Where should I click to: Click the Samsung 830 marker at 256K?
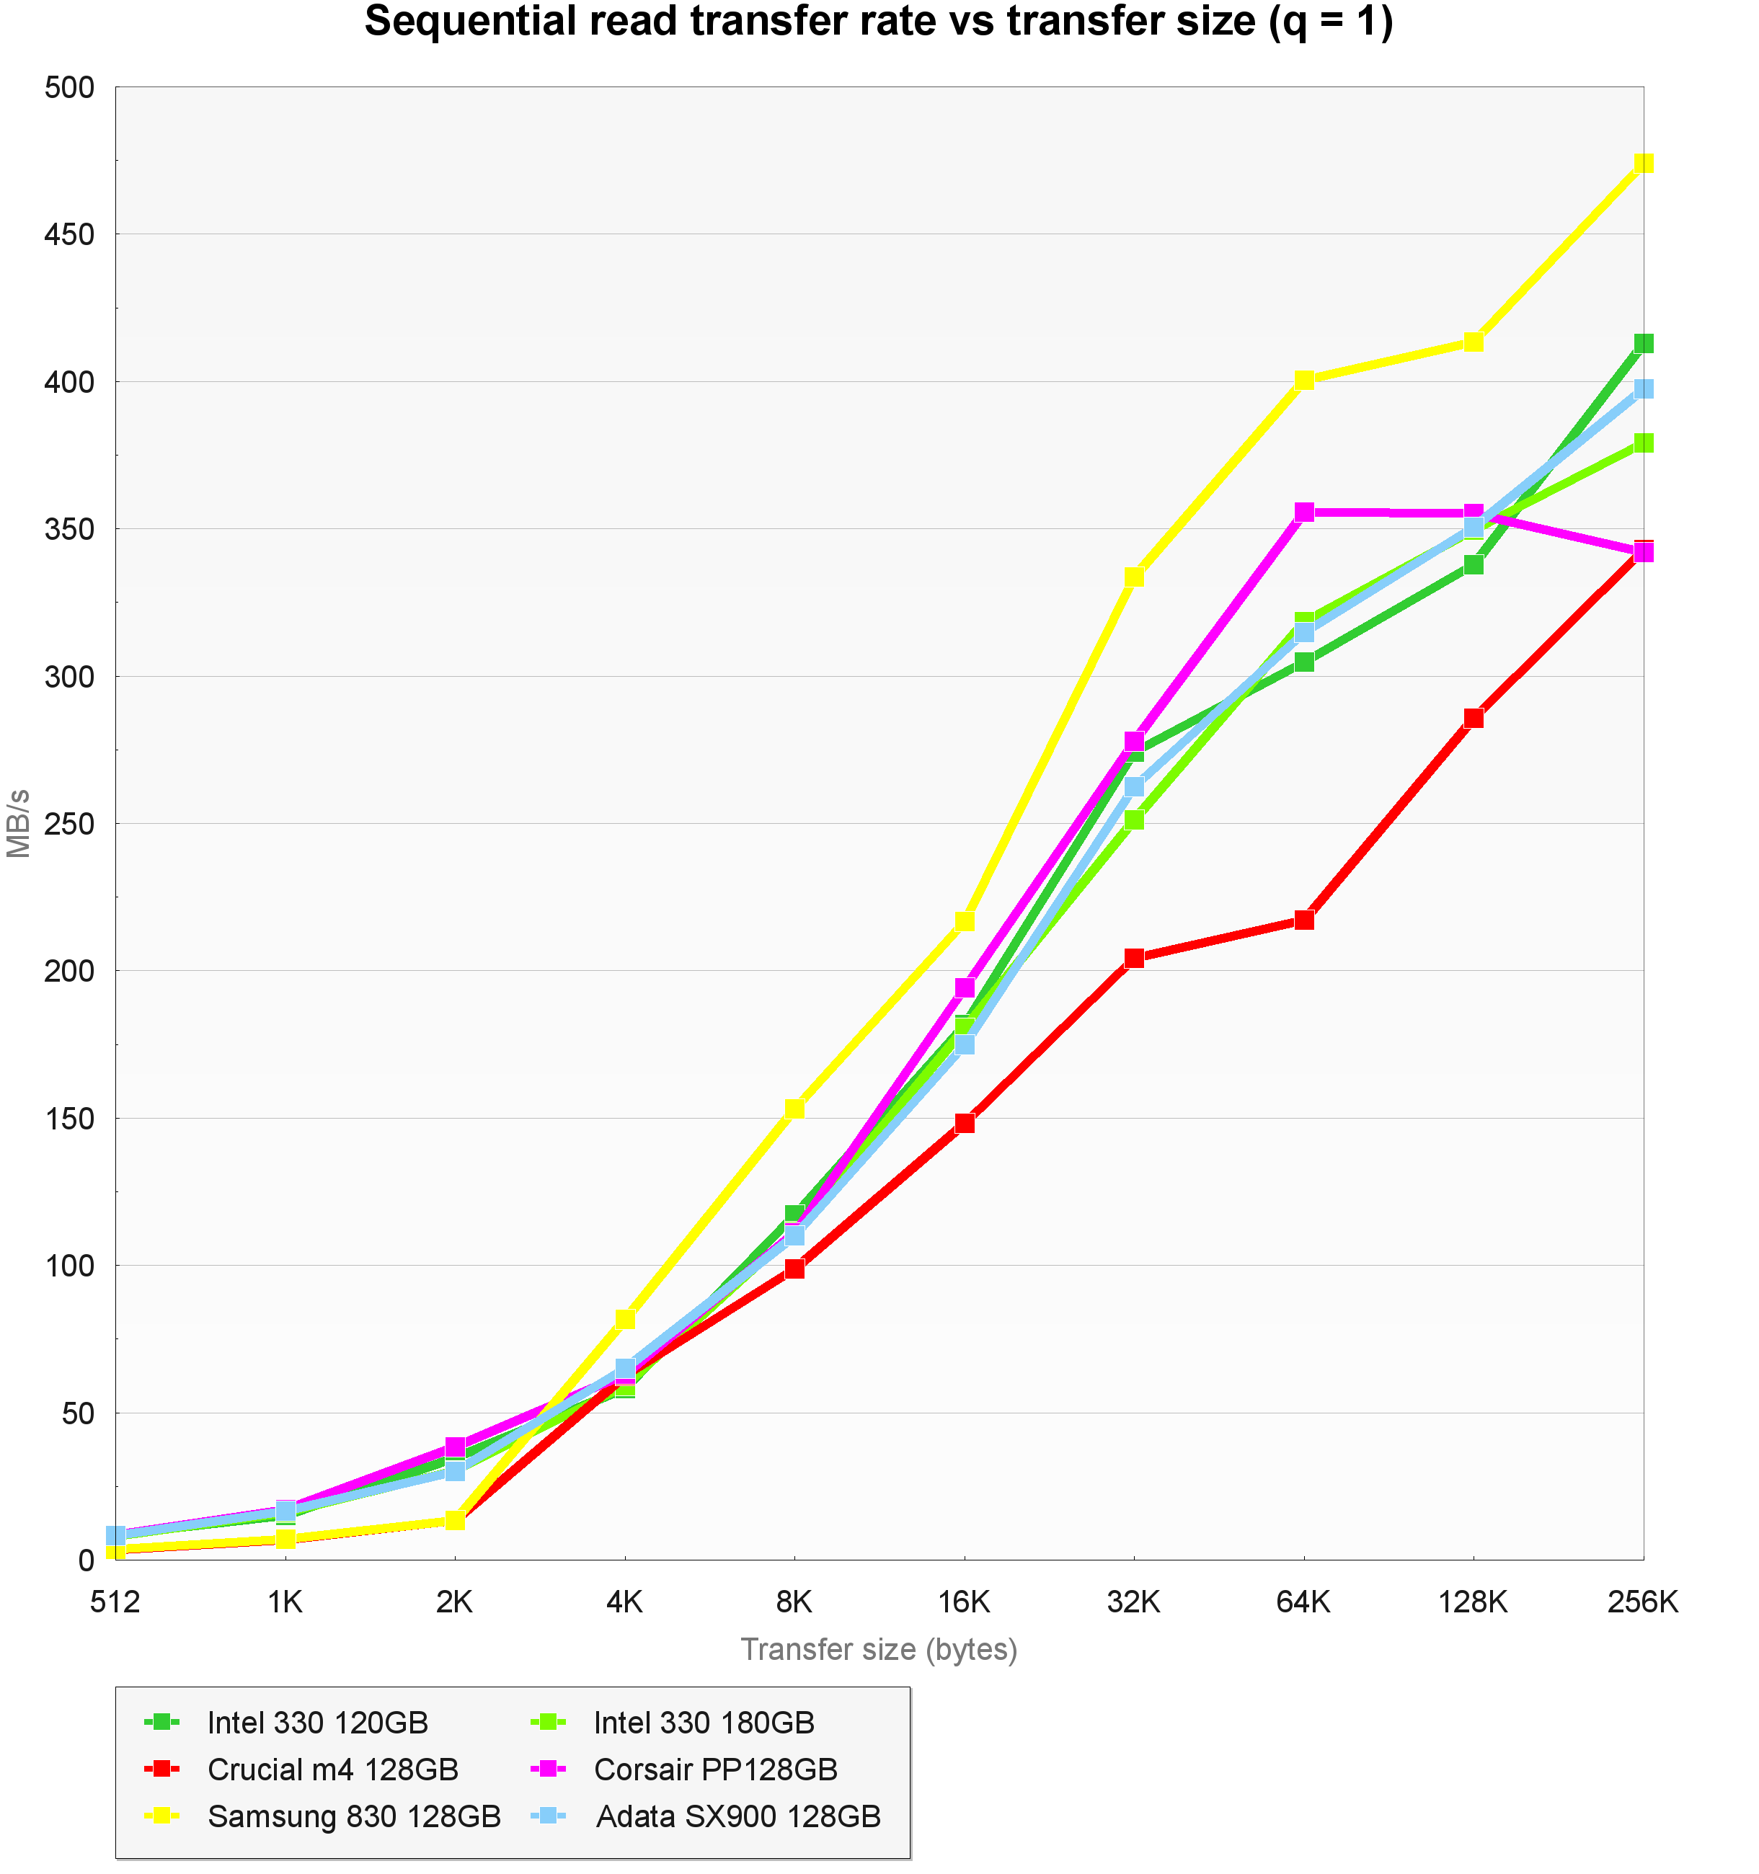click(1642, 163)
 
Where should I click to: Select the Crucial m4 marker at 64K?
click(1303, 919)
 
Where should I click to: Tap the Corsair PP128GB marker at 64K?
click(1303, 512)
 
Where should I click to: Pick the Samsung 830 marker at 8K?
click(794, 1109)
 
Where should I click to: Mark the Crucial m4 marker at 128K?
click(1474, 717)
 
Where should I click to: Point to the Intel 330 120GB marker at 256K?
click(1642, 343)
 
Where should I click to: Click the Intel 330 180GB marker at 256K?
click(1642, 442)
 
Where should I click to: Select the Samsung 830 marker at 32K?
click(1134, 576)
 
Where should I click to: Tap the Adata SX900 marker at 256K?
click(1642, 388)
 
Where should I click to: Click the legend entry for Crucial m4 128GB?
click(332, 1769)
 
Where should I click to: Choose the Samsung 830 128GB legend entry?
click(353, 1816)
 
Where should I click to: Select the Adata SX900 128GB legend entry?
click(738, 1816)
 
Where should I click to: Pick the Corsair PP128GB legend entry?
click(715, 1769)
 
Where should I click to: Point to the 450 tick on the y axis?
click(70, 235)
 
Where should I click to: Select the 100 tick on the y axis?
click(70, 1266)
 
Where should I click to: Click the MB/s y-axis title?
click(19, 823)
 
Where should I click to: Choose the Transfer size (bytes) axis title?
click(879, 1650)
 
